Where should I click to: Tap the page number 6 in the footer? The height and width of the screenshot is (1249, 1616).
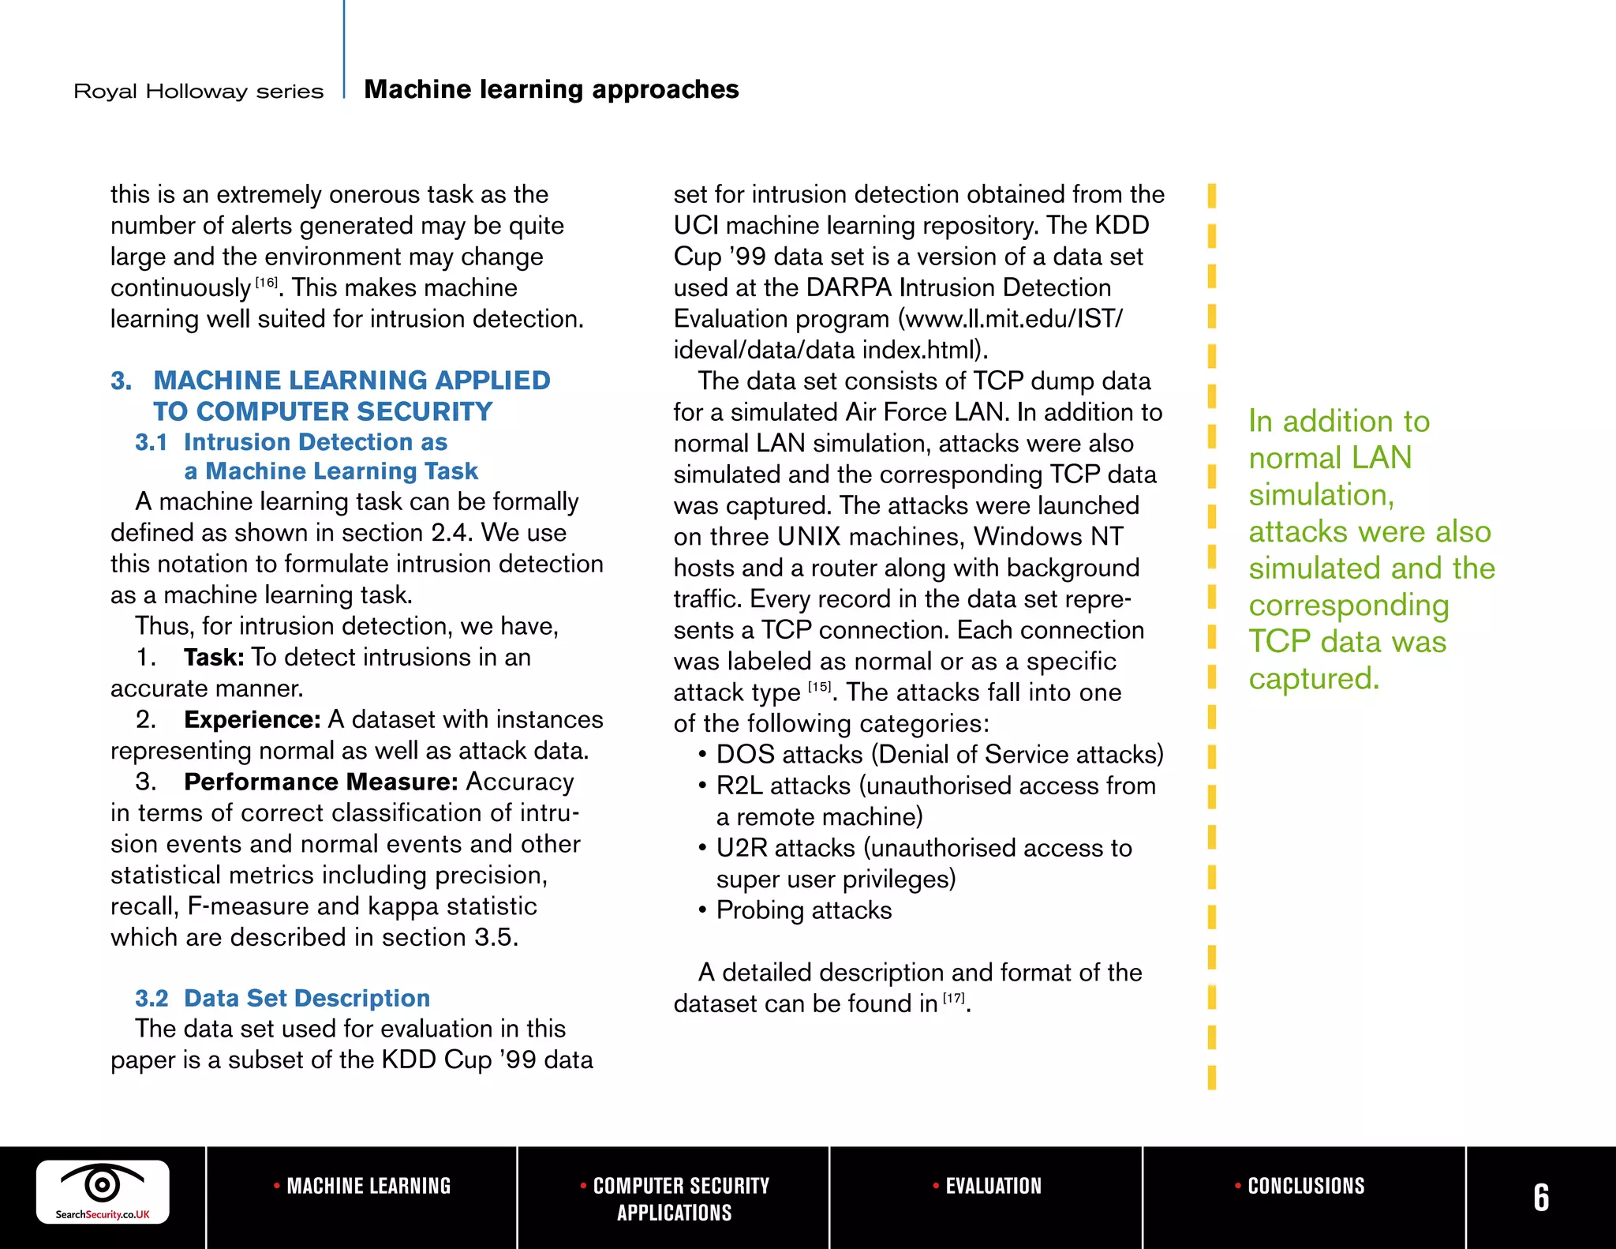click(1540, 1198)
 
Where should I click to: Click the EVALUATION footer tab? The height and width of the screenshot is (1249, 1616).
click(988, 1186)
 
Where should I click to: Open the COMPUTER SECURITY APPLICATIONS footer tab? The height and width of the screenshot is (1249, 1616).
click(675, 1198)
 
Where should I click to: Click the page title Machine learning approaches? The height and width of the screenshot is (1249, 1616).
click(552, 89)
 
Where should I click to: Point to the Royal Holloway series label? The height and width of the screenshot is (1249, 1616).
click(199, 92)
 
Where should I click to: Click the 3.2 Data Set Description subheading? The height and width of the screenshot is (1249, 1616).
click(282, 998)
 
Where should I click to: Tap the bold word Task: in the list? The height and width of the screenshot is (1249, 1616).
click(214, 657)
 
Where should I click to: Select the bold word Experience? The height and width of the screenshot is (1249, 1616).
click(252, 719)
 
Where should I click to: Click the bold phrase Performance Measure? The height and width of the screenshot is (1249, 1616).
click(320, 782)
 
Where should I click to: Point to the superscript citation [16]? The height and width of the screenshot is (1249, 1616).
click(267, 283)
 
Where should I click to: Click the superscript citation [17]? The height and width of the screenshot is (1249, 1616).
click(954, 998)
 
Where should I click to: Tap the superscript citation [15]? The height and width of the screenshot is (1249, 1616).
click(820, 687)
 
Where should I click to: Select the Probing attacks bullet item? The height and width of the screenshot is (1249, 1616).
click(803, 910)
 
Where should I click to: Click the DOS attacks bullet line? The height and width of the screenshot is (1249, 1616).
click(939, 755)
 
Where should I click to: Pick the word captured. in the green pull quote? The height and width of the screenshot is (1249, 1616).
click(1314, 678)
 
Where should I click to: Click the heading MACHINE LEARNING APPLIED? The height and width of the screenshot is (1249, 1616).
click(351, 381)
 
